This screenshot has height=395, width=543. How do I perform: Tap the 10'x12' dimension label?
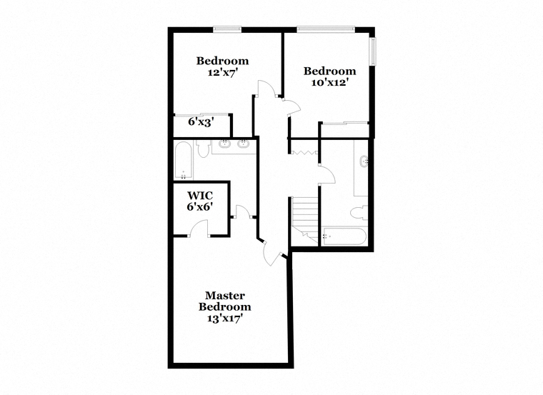[x=329, y=83]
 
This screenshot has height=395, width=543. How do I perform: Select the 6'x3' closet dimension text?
[x=201, y=122]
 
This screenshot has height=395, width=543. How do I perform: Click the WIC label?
[x=200, y=195]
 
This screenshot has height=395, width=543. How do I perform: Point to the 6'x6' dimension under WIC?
[x=200, y=206]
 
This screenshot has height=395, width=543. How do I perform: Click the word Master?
[x=225, y=296]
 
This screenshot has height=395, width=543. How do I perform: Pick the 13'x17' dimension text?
[x=224, y=319]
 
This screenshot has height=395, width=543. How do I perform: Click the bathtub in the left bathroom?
[x=183, y=160]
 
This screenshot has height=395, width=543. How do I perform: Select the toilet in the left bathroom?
[x=203, y=149]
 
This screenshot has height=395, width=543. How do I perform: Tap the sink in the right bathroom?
[x=363, y=161]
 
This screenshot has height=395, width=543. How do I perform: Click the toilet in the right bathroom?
[x=359, y=213]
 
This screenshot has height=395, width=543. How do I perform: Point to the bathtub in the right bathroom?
[x=344, y=237]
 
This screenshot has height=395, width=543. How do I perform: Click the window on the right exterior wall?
[x=373, y=51]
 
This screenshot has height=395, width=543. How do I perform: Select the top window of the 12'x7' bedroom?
[x=227, y=30]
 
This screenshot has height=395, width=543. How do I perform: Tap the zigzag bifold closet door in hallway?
[x=304, y=152]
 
